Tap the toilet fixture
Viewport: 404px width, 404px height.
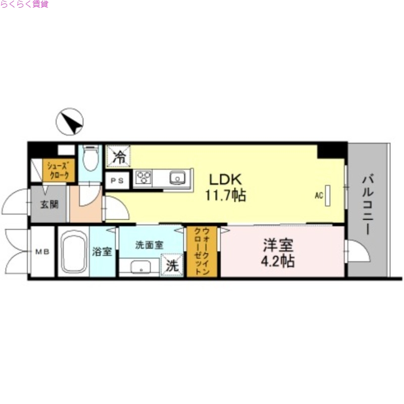pyautogui.click(x=90, y=158)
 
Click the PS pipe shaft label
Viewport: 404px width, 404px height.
pyautogui.click(x=117, y=180)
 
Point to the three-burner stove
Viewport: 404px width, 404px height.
pyautogui.click(x=143, y=178)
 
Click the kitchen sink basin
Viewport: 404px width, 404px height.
pyautogui.click(x=177, y=178)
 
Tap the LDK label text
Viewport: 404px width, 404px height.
pyautogui.click(x=226, y=179)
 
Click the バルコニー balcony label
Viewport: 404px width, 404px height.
pyautogui.click(x=368, y=204)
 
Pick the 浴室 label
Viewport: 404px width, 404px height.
pyautogui.click(x=102, y=251)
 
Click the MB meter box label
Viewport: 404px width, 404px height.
pyautogui.click(x=41, y=251)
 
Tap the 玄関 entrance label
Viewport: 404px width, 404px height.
pyautogui.click(x=48, y=205)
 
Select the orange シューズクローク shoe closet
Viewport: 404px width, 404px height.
pyautogui.click(x=61, y=170)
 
